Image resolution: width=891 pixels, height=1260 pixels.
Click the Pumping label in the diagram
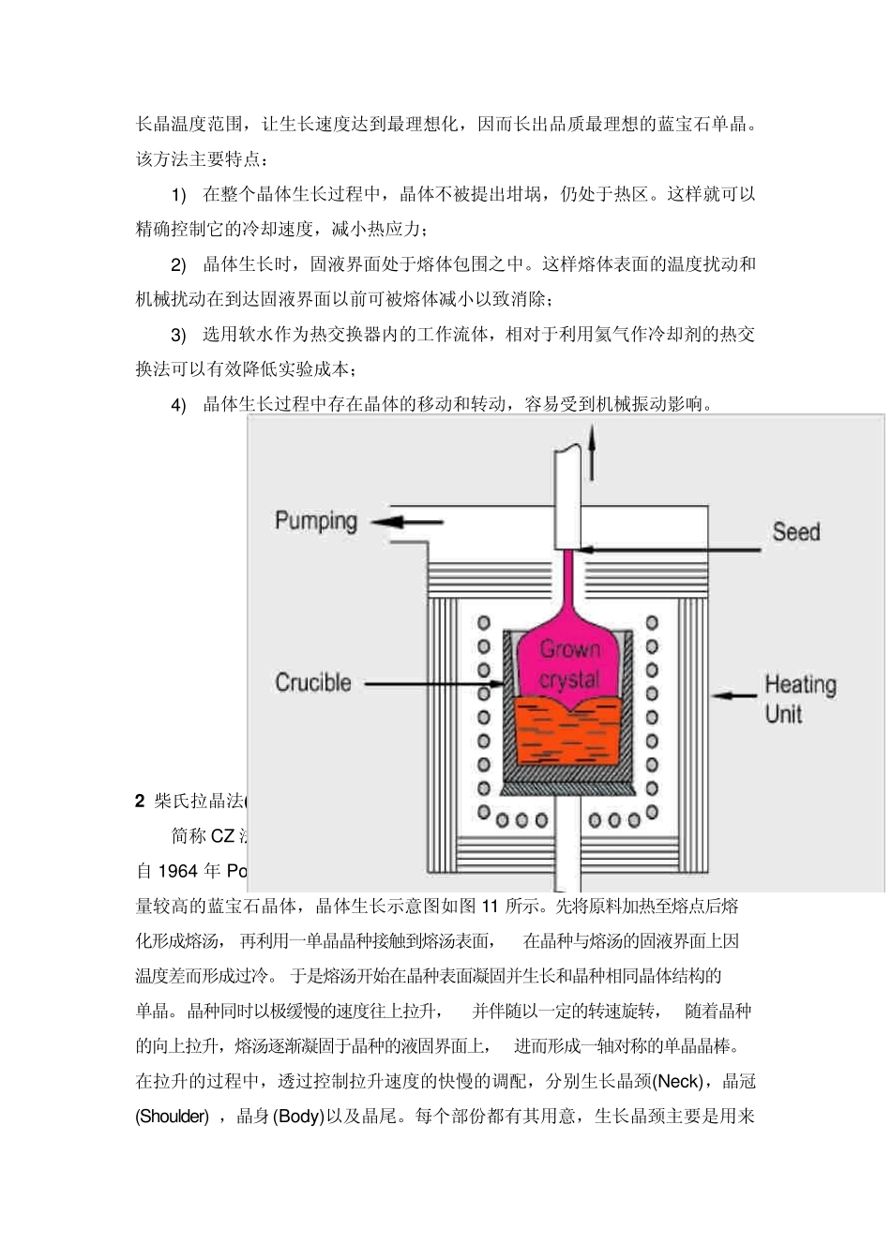[x=316, y=521]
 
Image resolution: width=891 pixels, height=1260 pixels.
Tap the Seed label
[x=795, y=532]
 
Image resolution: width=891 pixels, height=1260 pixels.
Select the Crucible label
[x=313, y=682]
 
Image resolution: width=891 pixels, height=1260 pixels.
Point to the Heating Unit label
[x=799, y=698]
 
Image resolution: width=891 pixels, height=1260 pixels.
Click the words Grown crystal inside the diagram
[x=569, y=664]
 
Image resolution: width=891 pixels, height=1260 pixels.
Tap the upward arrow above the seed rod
[x=592, y=452]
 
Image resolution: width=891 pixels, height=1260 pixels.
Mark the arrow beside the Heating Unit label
[x=734, y=696]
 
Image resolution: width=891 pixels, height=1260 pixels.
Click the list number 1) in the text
[x=178, y=195]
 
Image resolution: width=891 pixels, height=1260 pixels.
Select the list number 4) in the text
[x=178, y=405]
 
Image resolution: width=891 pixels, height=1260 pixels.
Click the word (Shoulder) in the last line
[x=173, y=1117]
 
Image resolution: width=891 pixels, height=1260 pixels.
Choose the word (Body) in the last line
[x=298, y=1117]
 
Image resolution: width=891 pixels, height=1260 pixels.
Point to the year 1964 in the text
[x=177, y=871]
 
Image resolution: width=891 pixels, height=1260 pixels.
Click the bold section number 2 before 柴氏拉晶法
[x=140, y=801]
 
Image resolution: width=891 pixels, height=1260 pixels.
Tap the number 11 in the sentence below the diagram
[x=491, y=906]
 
